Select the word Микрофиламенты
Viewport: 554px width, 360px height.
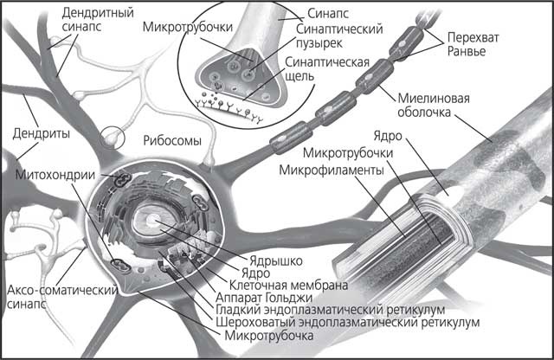[x=332, y=170]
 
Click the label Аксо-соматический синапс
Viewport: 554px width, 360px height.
[x=47, y=295]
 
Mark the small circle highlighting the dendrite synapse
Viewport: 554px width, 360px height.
[x=113, y=136]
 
